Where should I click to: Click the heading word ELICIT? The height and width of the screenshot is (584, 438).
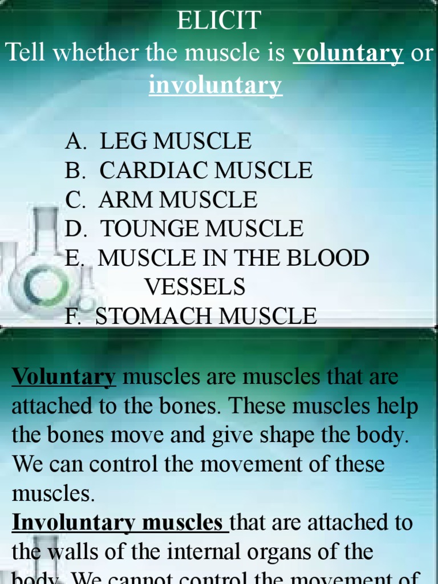[218, 22]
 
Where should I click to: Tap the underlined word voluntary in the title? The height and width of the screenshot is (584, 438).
[348, 54]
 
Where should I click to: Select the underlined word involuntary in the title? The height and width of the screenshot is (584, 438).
[216, 86]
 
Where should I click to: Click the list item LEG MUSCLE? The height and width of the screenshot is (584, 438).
[175, 141]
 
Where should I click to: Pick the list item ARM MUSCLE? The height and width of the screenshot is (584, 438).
[177, 200]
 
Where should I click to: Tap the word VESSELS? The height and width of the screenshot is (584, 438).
[194, 287]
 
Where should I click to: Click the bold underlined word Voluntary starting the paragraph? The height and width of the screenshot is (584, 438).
[64, 377]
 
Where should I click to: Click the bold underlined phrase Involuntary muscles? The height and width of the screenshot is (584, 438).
[120, 522]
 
